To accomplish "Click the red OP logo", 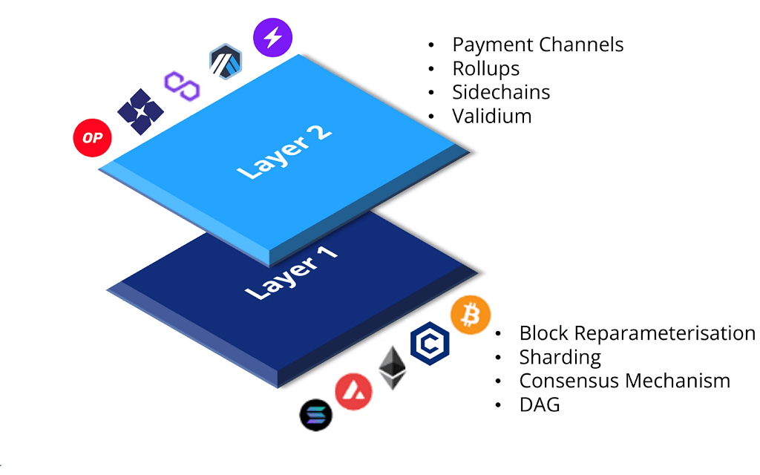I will (92, 137).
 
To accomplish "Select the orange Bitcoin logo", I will (470, 315).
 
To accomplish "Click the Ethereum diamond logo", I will (393, 367).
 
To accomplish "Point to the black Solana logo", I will (317, 415).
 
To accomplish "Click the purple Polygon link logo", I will (182, 86).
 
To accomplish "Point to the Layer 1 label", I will (291, 273).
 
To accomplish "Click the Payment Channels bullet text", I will (537, 45).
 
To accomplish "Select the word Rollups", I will (485, 68).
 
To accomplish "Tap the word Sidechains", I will (501, 92).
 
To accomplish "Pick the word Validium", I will (491, 116).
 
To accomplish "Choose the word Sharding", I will (560, 357).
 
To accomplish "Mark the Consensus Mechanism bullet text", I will (624, 381).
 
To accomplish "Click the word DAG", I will (540, 404).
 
